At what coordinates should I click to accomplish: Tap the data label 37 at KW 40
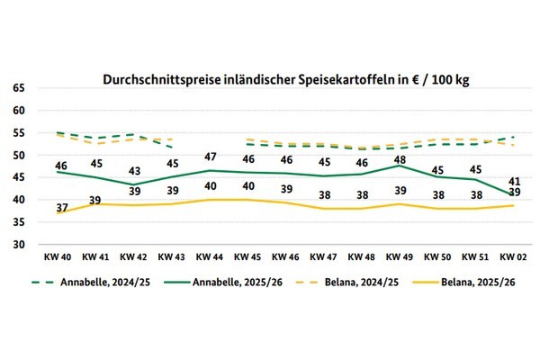(62, 208)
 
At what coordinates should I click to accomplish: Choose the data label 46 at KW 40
(62, 166)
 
